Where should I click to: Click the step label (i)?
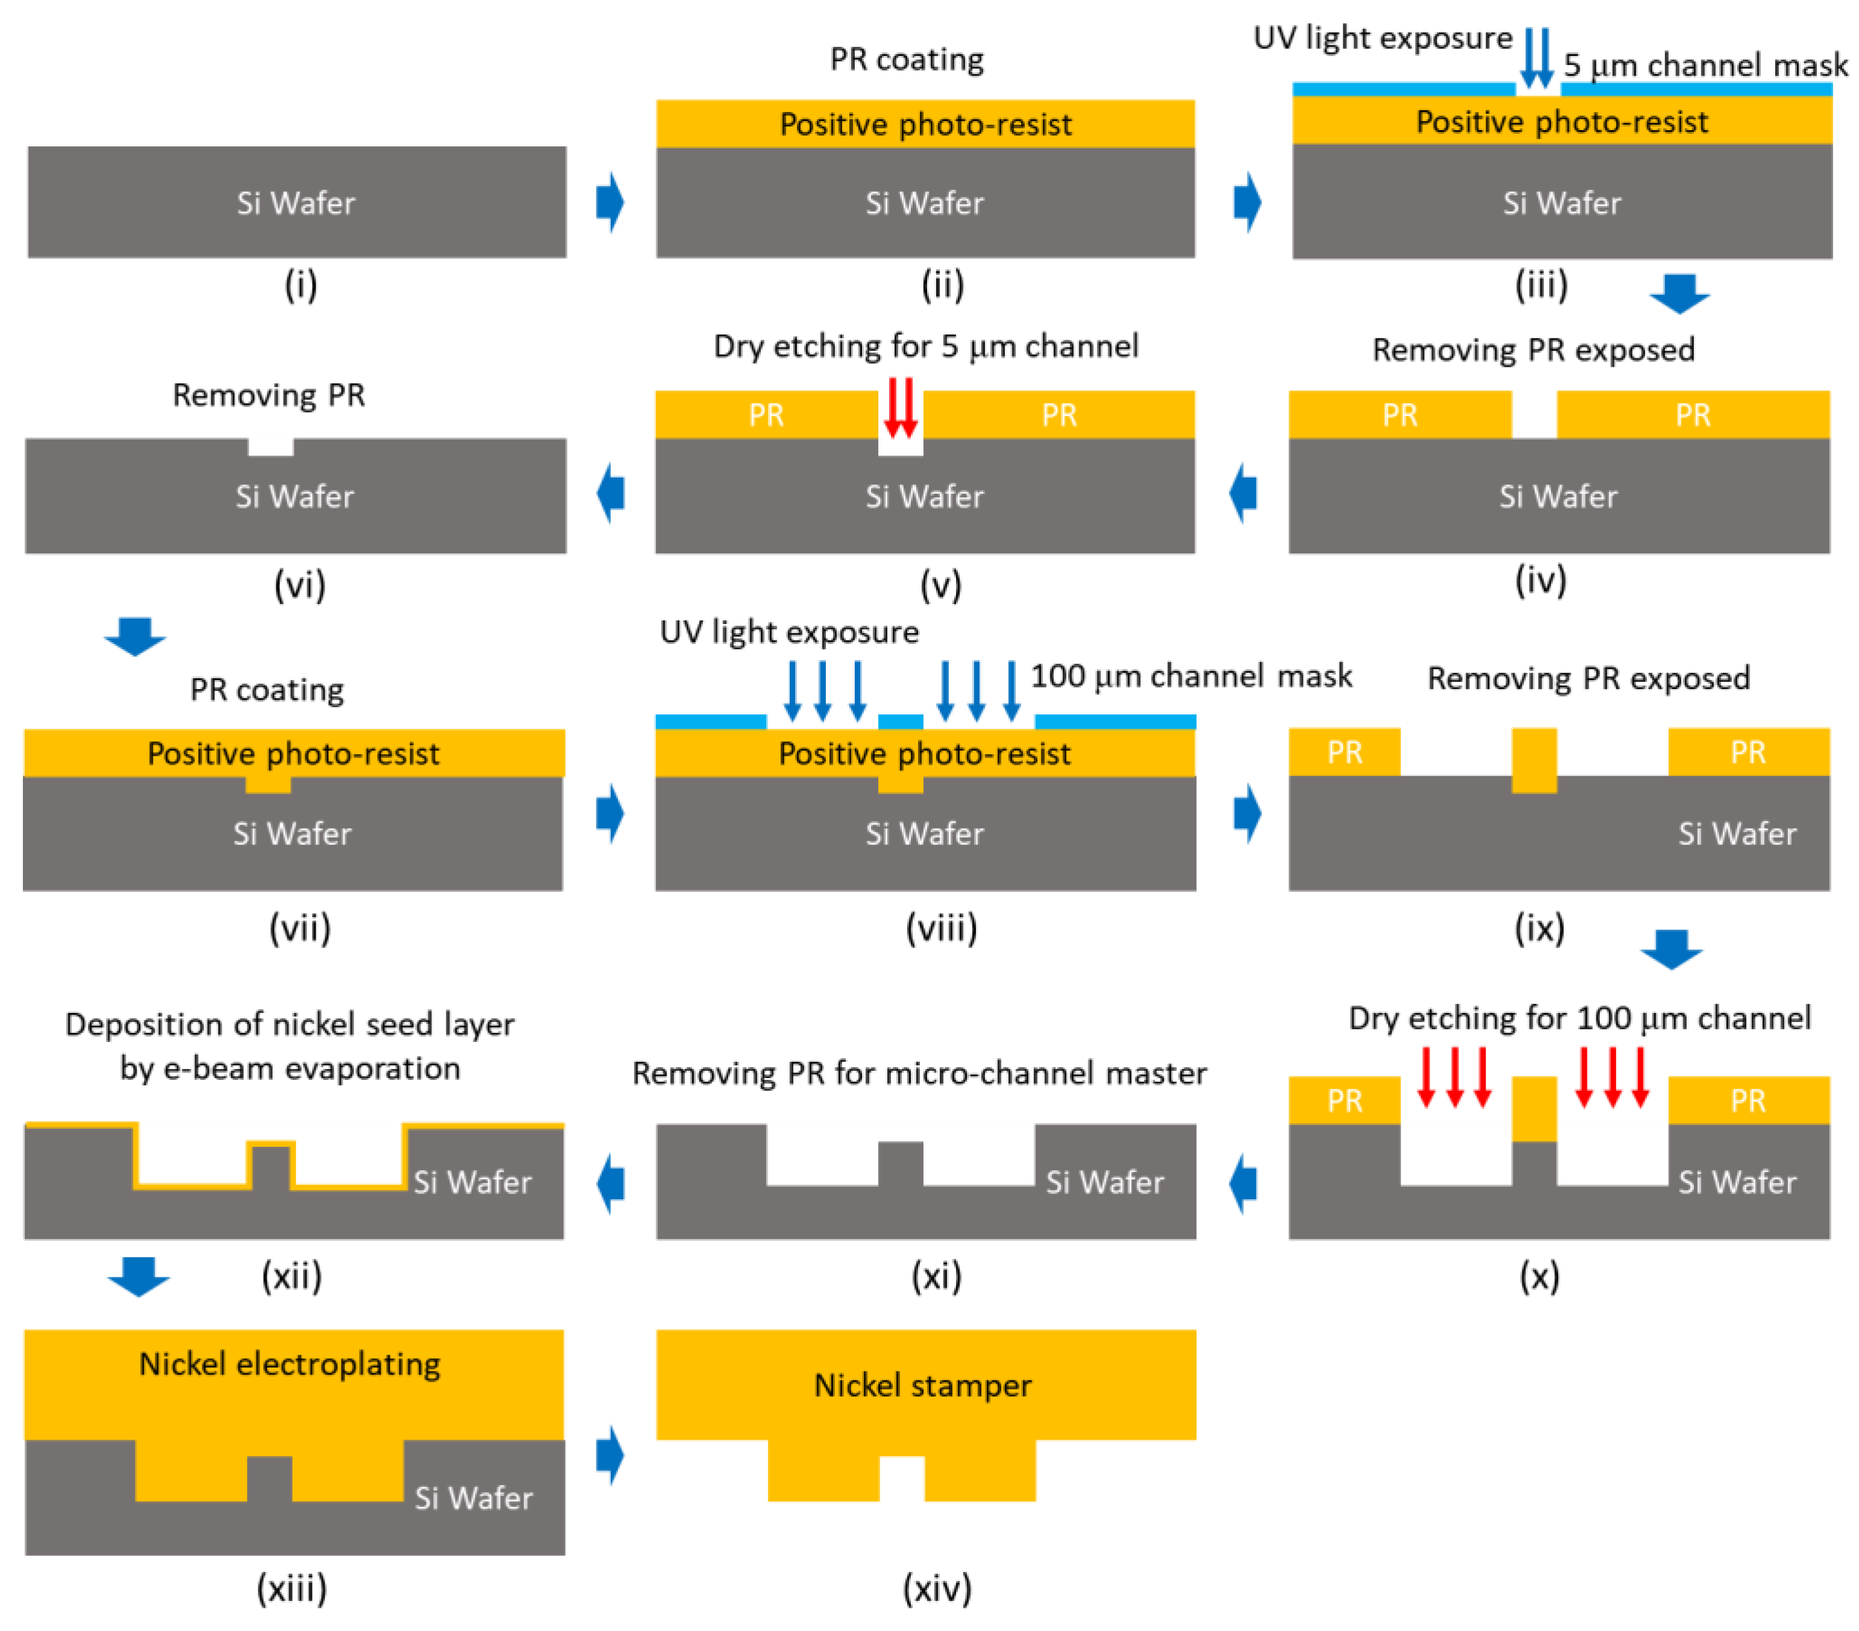300,285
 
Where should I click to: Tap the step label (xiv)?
937,1588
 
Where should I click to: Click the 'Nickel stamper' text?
922,1385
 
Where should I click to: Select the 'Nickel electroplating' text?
289,1364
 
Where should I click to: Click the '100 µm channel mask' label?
1192,676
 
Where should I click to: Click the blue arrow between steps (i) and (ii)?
610,202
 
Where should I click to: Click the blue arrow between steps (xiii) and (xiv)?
610,1455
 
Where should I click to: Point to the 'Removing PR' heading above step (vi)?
269,394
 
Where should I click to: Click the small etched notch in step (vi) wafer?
271,446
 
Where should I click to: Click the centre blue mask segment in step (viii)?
901,722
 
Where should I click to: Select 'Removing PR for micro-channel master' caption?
919,1073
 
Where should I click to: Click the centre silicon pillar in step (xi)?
901,1164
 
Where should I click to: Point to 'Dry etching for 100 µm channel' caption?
1579,1018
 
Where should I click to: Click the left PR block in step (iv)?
1400,414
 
